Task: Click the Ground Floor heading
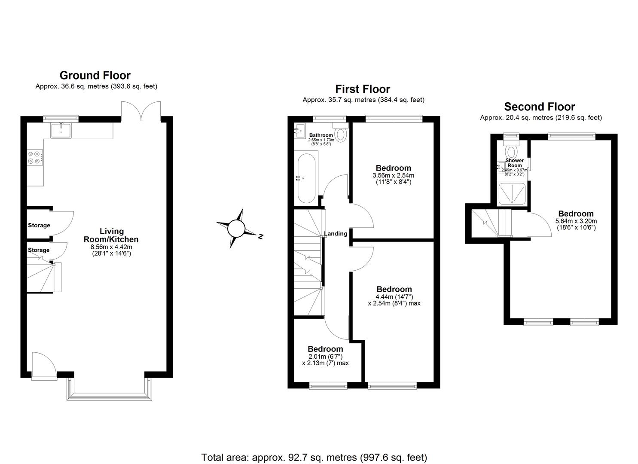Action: pos(95,76)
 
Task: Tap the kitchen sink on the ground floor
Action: pos(61,130)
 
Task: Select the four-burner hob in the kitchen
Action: pos(35,157)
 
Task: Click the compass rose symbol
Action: pos(236,229)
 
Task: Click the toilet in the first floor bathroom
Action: pos(341,134)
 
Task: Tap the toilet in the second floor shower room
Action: pos(511,151)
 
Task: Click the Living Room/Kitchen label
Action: pos(112,235)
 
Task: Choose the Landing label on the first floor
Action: pos(336,234)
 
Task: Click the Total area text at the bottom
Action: pos(314,457)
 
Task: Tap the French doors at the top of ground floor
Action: pos(141,111)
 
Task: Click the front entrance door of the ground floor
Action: pos(44,366)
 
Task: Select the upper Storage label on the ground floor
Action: pos(39,225)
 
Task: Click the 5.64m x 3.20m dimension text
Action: pos(576,221)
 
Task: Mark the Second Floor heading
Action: pos(539,107)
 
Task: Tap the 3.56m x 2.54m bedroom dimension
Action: pos(393,175)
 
